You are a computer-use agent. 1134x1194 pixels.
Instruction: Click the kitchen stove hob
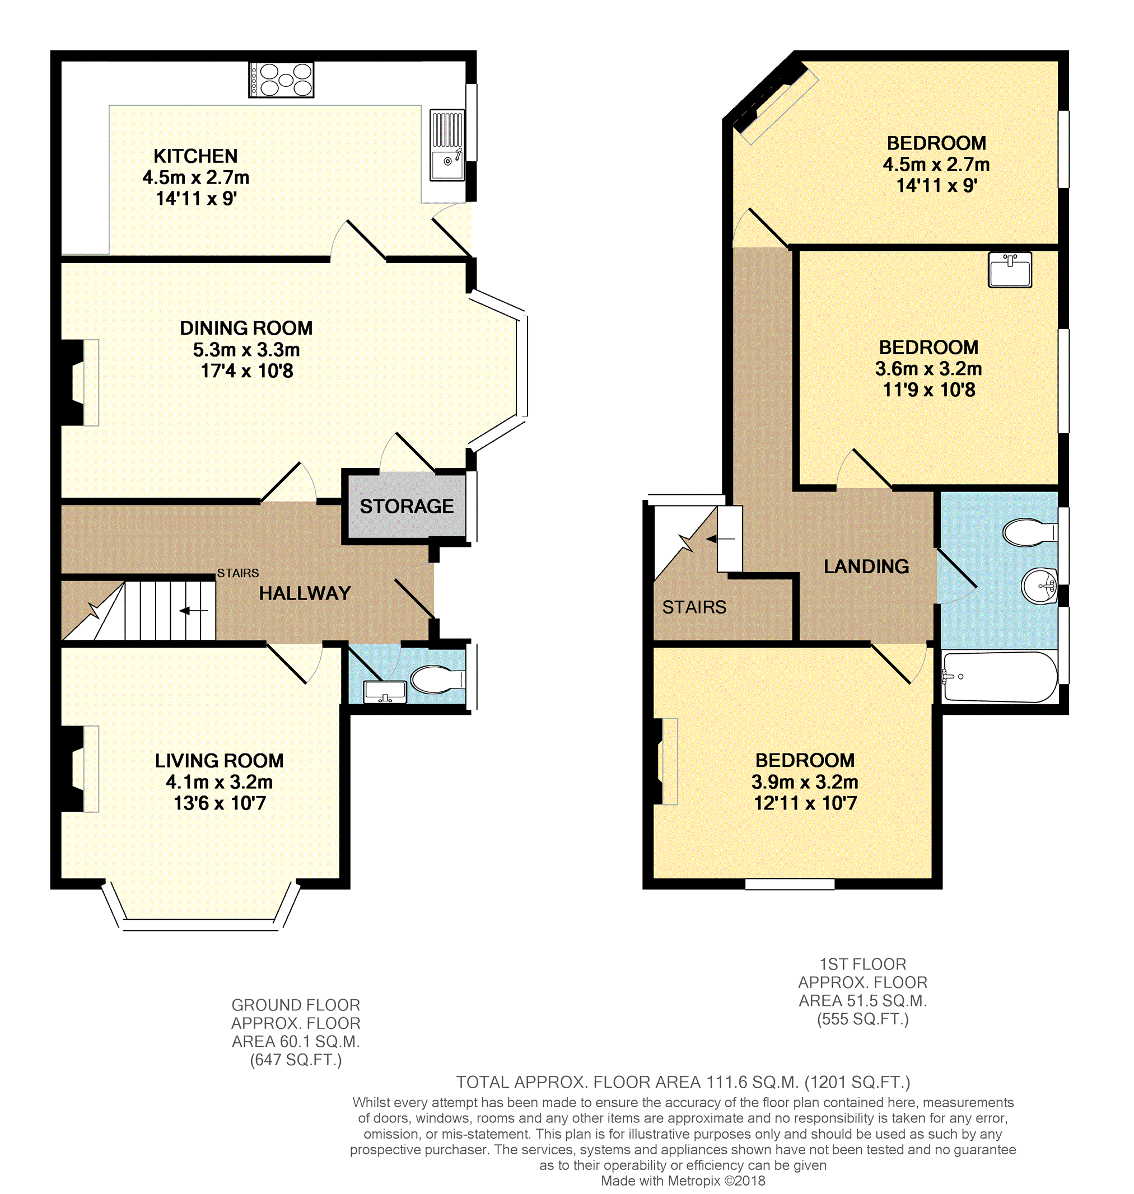(281, 79)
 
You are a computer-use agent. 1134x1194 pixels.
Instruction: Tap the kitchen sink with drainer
(447, 145)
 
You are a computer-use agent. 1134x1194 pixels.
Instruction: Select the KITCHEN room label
(195, 156)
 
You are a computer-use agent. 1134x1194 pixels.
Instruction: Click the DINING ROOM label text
(246, 328)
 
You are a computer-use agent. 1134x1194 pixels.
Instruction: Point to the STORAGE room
(406, 507)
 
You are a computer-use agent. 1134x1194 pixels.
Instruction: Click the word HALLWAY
(305, 593)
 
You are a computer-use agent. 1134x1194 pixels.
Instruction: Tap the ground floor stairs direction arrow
(193, 611)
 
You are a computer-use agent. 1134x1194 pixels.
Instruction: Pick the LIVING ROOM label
(219, 761)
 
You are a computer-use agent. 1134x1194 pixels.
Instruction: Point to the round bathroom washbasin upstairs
(1040, 586)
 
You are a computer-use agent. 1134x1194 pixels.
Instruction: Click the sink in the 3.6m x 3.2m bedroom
(1010, 269)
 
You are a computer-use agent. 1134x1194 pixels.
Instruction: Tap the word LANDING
(866, 566)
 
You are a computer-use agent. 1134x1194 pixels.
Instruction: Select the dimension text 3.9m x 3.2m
(805, 782)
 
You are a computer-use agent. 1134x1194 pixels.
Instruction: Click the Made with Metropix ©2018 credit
(683, 1180)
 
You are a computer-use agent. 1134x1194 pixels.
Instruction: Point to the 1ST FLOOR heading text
(862, 964)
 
